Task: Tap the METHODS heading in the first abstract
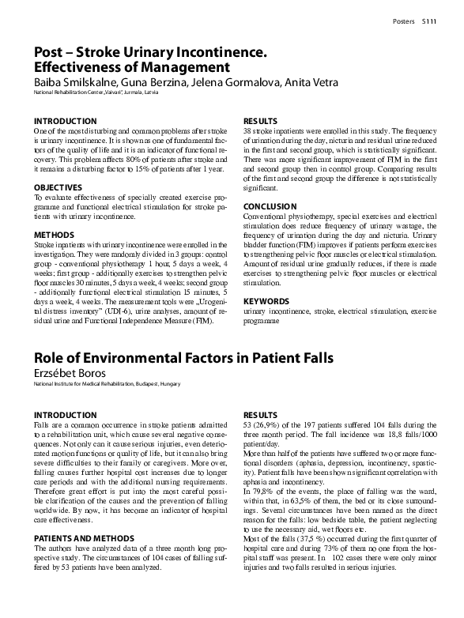pyautogui.click(x=54, y=235)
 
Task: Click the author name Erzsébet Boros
pyautogui.click(x=70, y=373)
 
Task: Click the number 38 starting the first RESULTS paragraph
pyautogui.click(x=247, y=130)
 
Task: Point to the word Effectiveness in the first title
pyautogui.click(x=87, y=67)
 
